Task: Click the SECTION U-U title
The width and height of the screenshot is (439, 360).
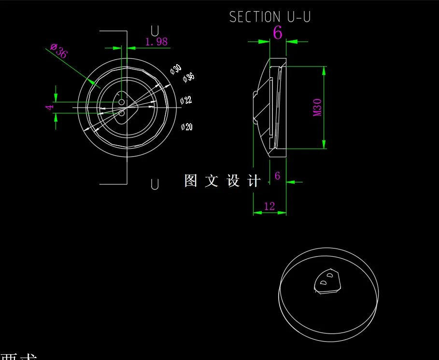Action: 270,17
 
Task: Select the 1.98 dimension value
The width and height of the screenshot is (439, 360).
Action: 156,42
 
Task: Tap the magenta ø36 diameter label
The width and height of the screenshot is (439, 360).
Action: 59,50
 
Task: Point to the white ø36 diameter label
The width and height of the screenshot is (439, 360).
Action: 189,77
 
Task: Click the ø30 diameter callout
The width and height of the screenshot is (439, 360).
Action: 175,69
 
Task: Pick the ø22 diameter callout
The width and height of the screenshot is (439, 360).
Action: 186,100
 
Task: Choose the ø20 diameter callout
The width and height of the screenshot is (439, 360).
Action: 187,127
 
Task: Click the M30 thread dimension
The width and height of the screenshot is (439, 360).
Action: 317,107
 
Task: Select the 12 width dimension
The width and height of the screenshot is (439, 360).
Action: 269,207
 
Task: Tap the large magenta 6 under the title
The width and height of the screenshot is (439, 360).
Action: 278,33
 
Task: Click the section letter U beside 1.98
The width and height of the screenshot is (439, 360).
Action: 155,31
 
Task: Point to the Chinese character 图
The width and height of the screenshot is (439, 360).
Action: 191,181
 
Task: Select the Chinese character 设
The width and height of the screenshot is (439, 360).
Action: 233,181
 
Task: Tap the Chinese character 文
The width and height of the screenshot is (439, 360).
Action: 212,181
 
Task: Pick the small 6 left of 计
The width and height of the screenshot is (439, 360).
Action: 277,176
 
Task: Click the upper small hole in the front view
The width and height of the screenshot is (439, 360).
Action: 121,102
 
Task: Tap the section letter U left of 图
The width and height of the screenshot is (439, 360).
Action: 155,184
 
